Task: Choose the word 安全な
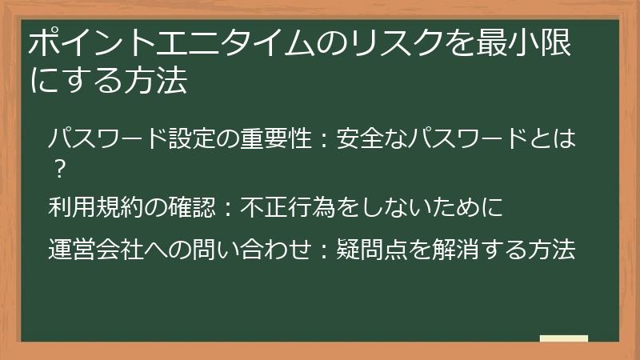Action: [364, 141]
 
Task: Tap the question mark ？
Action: [58, 169]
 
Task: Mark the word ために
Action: [469, 208]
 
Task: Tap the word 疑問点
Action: [369, 250]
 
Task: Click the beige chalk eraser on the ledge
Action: [563, 339]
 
